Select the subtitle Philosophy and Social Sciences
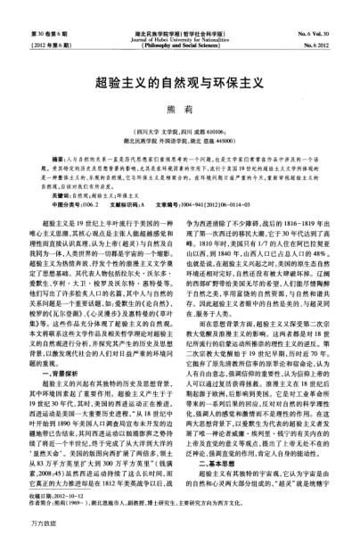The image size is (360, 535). click(179, 20)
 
